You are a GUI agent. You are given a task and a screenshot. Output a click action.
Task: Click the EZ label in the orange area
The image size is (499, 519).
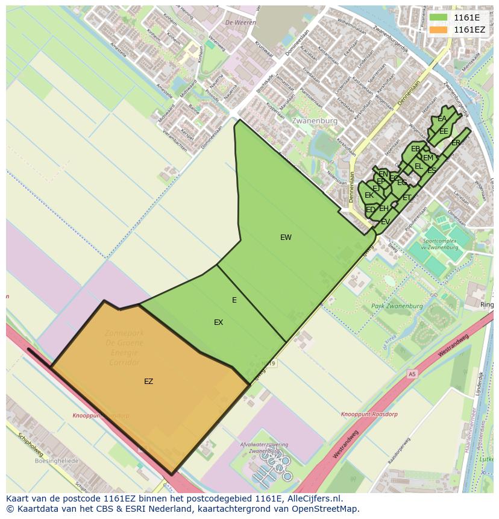point(148,382)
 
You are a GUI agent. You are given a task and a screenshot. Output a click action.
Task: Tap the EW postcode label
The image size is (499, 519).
point(286,237)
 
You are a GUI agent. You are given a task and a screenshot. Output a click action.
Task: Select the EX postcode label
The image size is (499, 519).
point(218,322)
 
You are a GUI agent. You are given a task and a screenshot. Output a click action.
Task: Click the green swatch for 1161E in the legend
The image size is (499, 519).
point(438,17)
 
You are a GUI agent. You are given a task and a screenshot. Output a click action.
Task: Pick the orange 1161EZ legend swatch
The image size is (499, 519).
point(438,29)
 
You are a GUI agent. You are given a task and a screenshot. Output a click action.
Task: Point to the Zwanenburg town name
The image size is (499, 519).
point(314,121)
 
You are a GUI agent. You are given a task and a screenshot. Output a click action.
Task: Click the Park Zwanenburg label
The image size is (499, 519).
point(397,306)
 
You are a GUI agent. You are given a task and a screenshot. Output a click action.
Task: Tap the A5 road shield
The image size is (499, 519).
point(412,374)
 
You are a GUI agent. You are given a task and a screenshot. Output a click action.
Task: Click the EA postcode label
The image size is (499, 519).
point(442,119)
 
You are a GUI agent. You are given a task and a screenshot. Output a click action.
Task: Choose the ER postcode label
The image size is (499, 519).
point(456,143)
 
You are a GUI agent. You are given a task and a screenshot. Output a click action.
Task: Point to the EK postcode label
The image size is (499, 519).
point(369,195)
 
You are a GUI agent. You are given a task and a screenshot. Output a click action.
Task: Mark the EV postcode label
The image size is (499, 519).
point(385,222)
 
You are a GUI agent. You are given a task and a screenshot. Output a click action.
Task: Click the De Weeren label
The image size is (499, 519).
point(236,22)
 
